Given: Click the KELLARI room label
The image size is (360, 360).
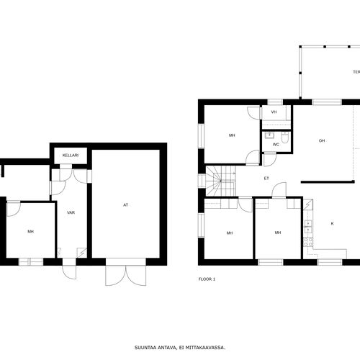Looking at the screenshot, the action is click(x=71, y=156).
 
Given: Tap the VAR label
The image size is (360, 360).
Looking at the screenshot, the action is click(x=71, y=212).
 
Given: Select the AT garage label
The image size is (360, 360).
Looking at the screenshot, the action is click(x=125, y=205).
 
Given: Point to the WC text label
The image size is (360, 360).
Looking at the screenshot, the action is click(x=276, y=145).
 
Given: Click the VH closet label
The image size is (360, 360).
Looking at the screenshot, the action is click(x=274, y=112).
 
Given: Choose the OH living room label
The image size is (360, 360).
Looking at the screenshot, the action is click(x=322, y=140).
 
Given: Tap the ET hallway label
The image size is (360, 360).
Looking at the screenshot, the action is click(x=266, y=179).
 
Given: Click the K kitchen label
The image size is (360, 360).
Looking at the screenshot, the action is click(x=333, y=223).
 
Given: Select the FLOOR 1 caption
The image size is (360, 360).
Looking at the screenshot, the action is click(x=207, y=279).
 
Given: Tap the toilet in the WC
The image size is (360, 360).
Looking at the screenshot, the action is click(x=284, y=138).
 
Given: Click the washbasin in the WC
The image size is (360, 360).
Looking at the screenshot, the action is click(x=269, y=135).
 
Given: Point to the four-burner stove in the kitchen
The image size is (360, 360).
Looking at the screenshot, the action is click(x=308, y=242).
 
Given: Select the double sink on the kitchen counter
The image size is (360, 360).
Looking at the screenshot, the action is click(x=308, y=227).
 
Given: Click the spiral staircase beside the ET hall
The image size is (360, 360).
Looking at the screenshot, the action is click(x=220, y=181).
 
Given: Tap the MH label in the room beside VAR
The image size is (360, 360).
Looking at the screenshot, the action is click(x=30, y=232).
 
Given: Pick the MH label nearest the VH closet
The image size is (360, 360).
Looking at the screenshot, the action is click(x=232, y=135).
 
